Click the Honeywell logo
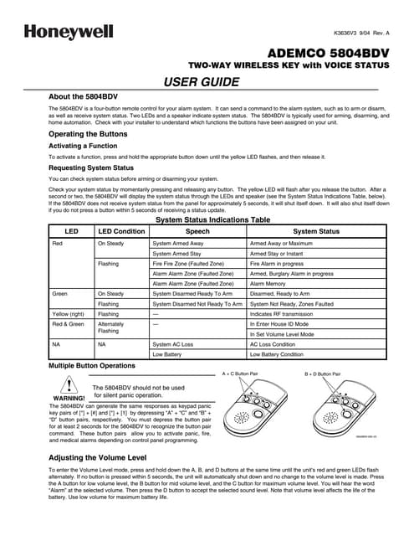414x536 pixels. tap(58, 31)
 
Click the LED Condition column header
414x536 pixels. tap(121, 230)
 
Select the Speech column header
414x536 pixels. tap(197, 230)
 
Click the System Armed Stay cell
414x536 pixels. tap(177, 253)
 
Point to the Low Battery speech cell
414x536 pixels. tap(168, 354)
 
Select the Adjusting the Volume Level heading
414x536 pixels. tap(99, 459)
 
